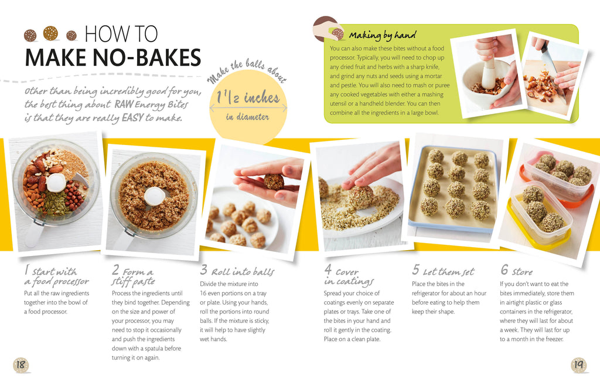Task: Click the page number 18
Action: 21,365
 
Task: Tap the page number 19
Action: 578,365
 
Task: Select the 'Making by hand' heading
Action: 382,35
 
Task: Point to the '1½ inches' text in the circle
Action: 248,97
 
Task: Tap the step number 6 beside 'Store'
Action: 504,269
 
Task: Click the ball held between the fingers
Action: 274,181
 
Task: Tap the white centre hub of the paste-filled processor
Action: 155,196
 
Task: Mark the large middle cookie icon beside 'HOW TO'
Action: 50,33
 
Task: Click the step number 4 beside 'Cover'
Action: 328,269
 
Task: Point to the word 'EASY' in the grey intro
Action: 132,117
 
